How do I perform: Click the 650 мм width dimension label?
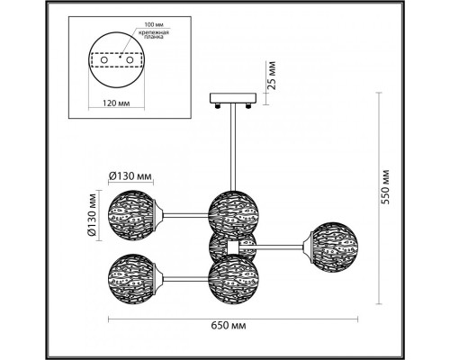click(229, 326)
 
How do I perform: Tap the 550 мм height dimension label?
click(384, 187)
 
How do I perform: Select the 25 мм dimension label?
click(271, 76)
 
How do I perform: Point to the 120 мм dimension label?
click(116, 103)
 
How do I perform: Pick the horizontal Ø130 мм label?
click(130, 176)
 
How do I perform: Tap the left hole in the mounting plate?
click(103, 60)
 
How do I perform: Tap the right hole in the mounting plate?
click(130, 60)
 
